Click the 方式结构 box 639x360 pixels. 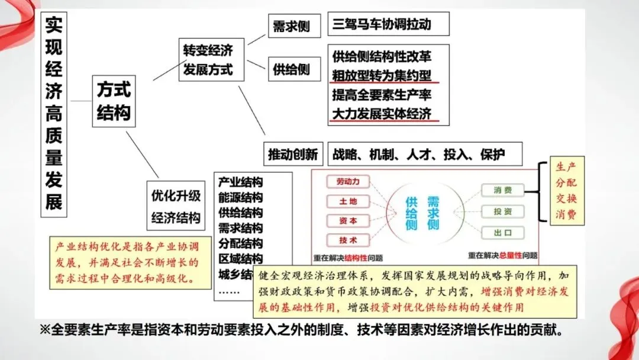click(114, 101)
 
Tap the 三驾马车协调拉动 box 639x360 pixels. click(388, 24)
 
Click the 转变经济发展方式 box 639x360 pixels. click(208, 60)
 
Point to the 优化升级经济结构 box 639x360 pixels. click(176, 206)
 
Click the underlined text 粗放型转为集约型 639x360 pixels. click(382, 75)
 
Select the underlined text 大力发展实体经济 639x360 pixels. click(382, 114)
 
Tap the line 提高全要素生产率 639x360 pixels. click(382, 95)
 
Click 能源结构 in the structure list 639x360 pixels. click(240, 197)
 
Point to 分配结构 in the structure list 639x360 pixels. click(240, 243)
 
